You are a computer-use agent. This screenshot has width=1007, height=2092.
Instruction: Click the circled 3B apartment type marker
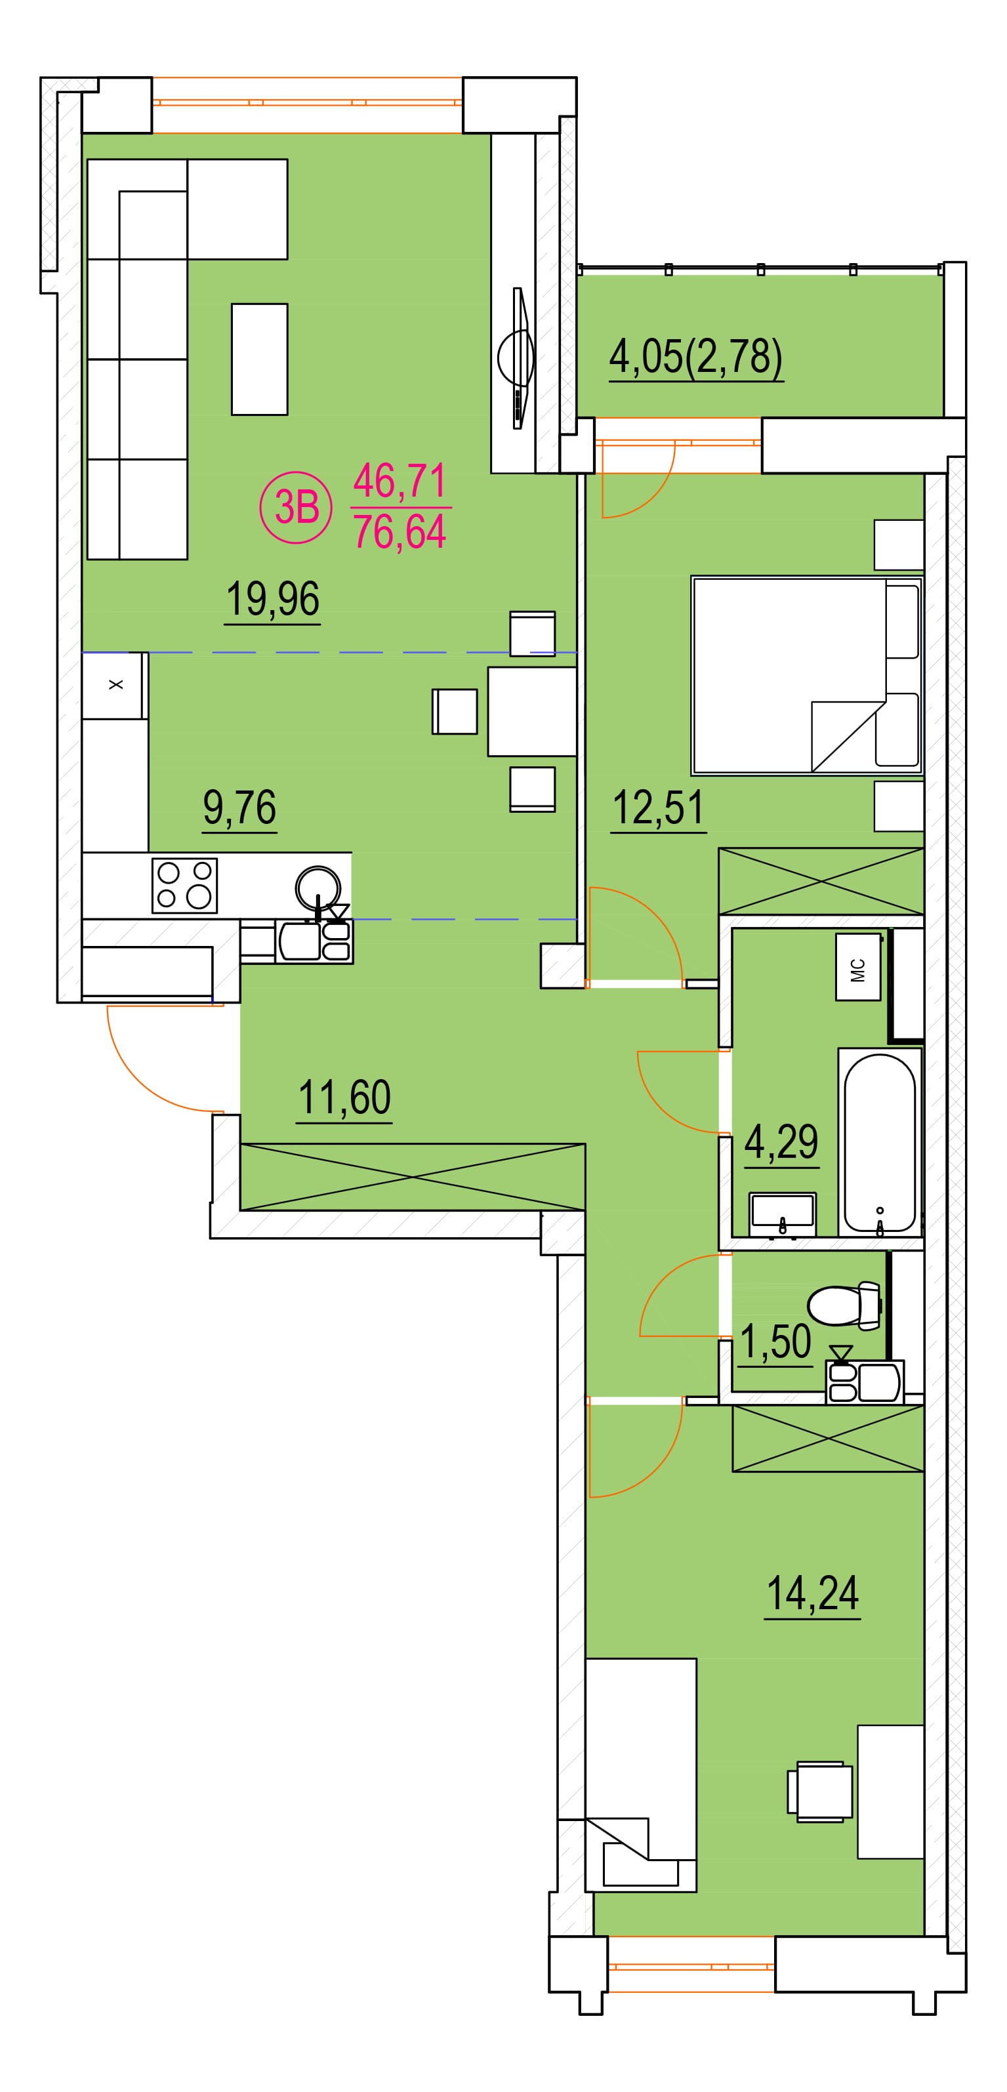coord(296,508)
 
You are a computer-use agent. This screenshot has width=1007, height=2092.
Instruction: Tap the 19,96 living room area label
coord(273,600)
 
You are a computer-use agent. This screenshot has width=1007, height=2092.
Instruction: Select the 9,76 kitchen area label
coord(239,808)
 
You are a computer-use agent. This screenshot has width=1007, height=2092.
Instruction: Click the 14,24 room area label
coord(812,1593)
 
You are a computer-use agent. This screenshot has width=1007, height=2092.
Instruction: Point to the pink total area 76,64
coord(400,531)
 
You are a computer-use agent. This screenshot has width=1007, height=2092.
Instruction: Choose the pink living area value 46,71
coord(400,480)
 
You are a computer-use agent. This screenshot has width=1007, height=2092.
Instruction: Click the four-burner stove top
coord(184,885)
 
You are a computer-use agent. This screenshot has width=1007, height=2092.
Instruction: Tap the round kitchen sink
coord(318,888)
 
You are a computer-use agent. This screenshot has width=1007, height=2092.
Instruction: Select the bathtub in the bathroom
coord(880,1143)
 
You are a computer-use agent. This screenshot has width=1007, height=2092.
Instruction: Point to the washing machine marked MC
coord(858,966)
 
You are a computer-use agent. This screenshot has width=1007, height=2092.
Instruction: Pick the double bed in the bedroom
coord(806,676)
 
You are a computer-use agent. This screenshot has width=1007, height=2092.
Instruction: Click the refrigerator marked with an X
coord(115,686)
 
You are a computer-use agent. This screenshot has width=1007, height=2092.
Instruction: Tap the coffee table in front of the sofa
coord(260,359)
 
